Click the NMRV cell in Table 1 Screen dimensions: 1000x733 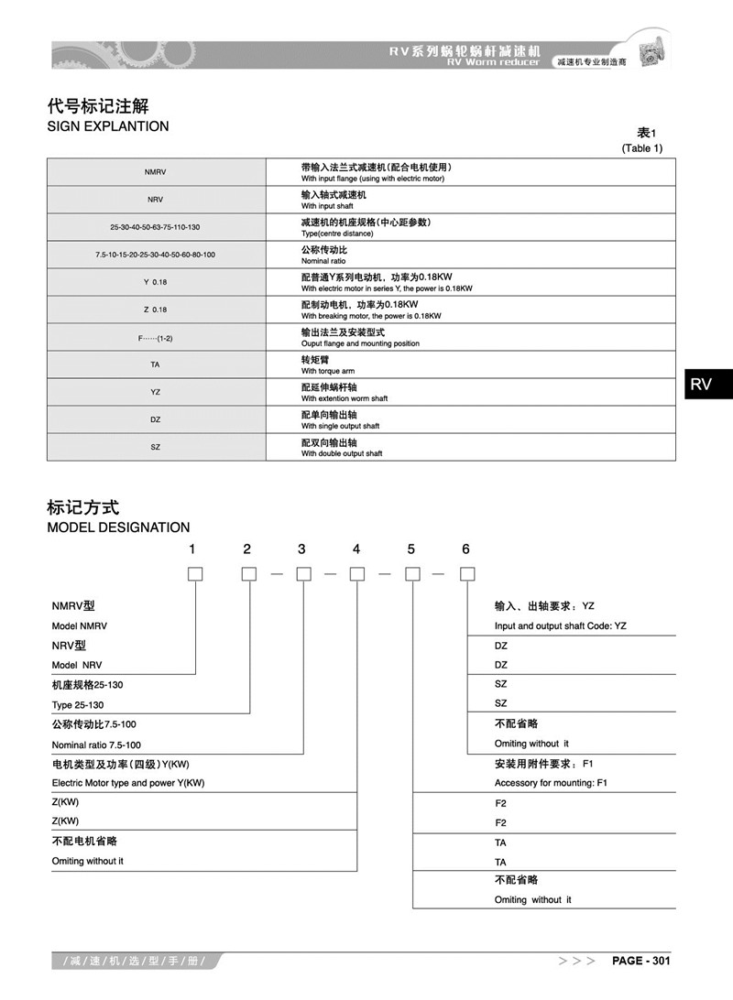point(155,172)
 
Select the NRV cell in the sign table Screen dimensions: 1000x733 point(155,200)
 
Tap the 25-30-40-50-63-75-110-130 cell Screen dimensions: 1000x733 point(155,227)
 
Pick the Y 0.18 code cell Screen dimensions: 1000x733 point(155,282)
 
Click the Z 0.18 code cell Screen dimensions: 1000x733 point(155,310)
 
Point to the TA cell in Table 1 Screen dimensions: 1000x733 point(155,364)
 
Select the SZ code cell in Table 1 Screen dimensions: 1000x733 point(155,447)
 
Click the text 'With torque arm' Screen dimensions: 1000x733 point(328,371)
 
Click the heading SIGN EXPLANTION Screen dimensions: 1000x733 point(108,126)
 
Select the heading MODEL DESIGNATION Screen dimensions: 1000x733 point(118,527)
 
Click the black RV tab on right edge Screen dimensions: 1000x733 point(701,384)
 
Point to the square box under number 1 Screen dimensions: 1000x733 point(194,574)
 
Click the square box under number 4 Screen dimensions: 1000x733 point(357,574)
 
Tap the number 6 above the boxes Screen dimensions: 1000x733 point(465,549)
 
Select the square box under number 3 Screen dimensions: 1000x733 point(303,574)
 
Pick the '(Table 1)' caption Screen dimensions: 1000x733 point(641,147)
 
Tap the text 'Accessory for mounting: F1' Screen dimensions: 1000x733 point(551,783)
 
